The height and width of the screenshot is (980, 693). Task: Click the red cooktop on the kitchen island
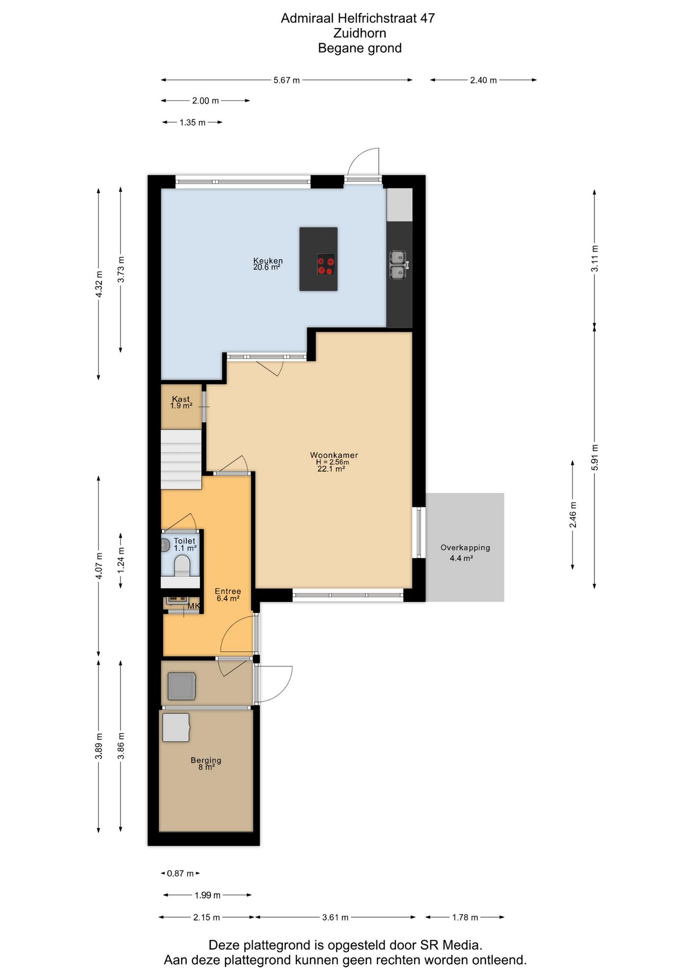click(326, 264)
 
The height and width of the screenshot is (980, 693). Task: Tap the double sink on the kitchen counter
click(399, 265)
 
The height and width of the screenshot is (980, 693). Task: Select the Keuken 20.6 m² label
click(267, 264)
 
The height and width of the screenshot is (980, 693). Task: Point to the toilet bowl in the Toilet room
click(182, 565)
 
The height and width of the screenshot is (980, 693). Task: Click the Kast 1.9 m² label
click(181, 402)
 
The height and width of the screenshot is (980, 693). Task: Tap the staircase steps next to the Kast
click(181, 459)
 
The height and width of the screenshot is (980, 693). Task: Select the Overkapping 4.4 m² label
click(464, 552)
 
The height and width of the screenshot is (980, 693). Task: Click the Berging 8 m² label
click(206, 764)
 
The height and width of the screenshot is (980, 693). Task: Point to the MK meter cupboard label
click(193, 606)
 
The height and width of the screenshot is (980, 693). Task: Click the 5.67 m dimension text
click(286, 80)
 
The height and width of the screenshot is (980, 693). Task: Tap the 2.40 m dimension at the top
click(483, 80)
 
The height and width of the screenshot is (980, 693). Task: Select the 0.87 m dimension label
click(180, 873)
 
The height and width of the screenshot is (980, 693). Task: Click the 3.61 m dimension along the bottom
click(335, 917)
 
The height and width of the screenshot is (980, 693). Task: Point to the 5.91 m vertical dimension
click(595, 457)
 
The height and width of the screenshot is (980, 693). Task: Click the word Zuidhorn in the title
click(359, 33)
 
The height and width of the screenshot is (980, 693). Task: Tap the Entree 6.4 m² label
click(228, 595)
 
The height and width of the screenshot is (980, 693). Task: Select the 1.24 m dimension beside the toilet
click(121, 560)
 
